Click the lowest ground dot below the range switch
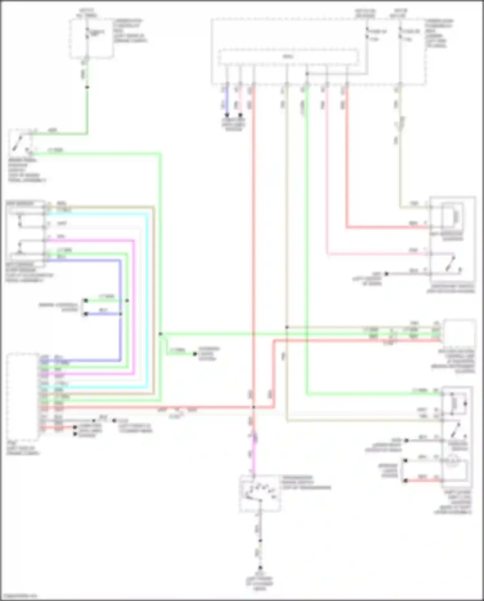(260, 567)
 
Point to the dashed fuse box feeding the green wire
(91, 39)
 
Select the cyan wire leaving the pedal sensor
(97, 214)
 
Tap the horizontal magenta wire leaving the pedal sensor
(90, 240)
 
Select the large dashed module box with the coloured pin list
(23, 397)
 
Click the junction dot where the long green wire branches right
(160, 334)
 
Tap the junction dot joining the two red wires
(254, 408)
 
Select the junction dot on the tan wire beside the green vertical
(287, 327)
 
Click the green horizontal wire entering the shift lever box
(371, 394)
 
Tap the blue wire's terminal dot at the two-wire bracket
(86, 314)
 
